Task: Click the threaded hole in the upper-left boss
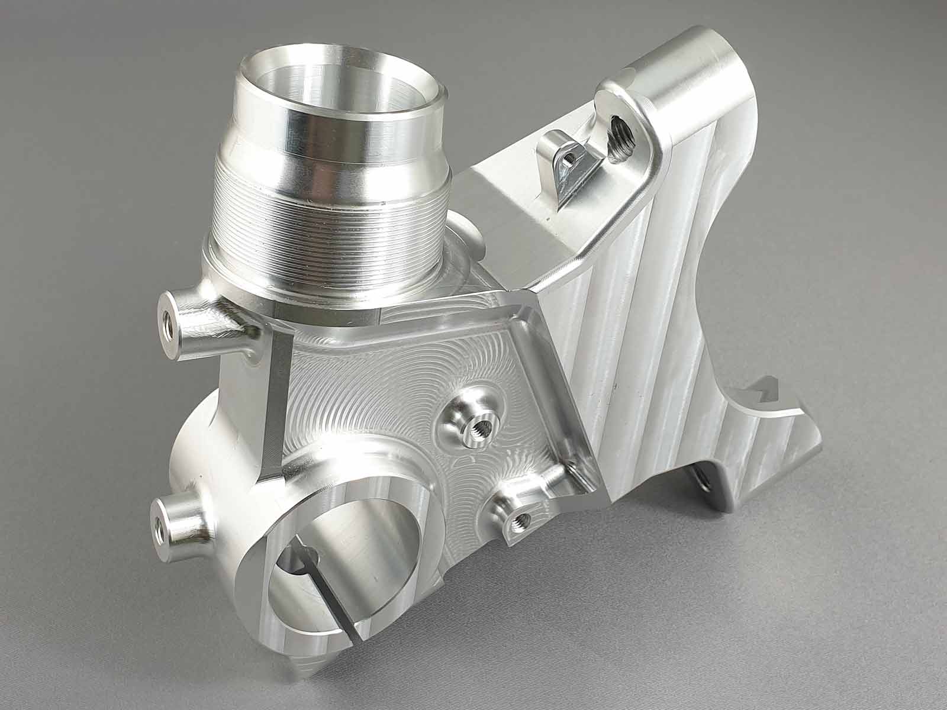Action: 167,324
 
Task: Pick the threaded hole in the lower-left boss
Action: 159,522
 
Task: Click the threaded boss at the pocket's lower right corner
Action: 521,519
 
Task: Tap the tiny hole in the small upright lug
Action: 569,158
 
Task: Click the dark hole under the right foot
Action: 703,479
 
